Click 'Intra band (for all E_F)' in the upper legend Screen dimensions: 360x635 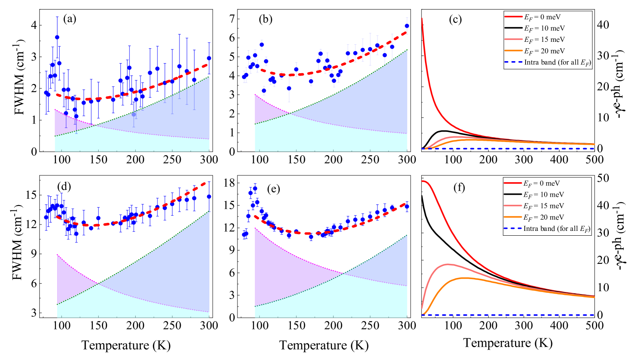(x=557, y=62)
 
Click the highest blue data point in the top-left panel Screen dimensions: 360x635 (x=57, y=37)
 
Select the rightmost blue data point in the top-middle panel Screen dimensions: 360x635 (x=407, y=26)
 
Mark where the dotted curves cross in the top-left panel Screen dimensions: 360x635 (x=95, y=125)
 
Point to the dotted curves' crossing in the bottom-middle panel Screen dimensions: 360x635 (x=343, y=274)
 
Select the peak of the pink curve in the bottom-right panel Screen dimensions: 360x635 (x=448, y=264)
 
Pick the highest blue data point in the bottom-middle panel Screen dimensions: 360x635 (x=255, y=188)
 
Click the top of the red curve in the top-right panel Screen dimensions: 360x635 (x=422, y=19)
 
